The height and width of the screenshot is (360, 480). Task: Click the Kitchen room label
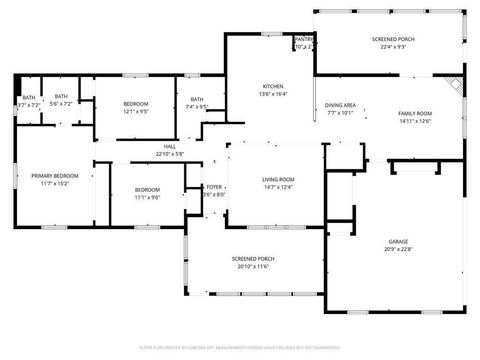point(273,86)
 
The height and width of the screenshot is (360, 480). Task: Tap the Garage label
point(398,242)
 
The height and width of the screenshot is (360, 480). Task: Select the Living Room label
point(279,179)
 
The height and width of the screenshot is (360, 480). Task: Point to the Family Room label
point(415,114)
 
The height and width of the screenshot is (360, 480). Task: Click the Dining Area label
point(340,105)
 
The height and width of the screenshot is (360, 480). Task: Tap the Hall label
point(170,147)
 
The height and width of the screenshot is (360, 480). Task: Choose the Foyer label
point(214,187)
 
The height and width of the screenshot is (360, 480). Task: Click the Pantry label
point(304,39)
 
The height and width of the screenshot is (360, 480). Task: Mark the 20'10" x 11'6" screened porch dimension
point(253,267)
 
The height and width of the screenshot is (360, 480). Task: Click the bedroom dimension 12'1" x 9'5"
point(136,112)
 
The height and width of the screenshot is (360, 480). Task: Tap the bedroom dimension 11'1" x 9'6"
point(147,197)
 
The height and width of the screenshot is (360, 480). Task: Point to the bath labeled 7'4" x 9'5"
point(197,106)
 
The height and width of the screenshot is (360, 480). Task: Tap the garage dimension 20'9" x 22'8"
point(398,250)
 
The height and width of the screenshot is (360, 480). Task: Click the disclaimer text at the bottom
point(240,347)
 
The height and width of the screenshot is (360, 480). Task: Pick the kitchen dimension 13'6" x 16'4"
point(273,94)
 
